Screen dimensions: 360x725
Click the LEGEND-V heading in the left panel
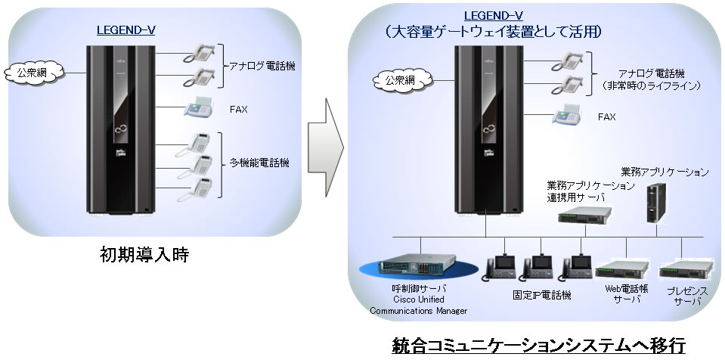pos(126,30)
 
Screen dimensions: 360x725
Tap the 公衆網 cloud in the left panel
pos(26,73)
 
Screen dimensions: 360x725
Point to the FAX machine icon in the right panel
pos(566,116)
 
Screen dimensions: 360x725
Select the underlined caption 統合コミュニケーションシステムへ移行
pos(538,346)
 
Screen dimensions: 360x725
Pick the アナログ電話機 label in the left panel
pos(262,67)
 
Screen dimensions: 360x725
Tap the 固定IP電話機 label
pos(541,293)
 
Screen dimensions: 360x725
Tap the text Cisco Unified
pos(417,299)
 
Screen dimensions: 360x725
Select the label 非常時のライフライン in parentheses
pos(651,86)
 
